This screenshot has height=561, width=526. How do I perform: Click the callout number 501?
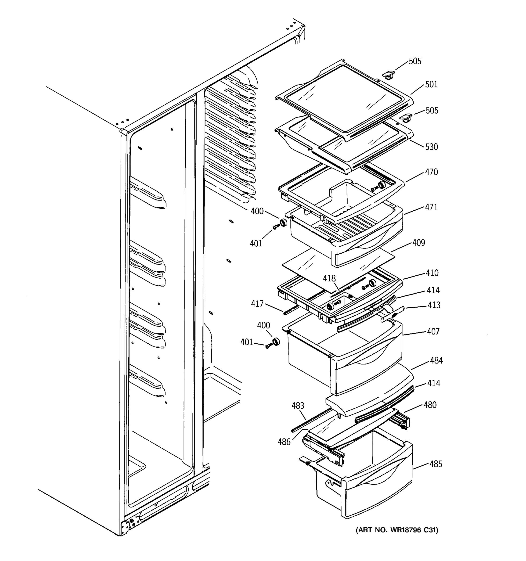point(431,84)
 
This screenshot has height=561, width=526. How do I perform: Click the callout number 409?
point(418,243)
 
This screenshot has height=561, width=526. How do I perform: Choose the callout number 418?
point(329,279)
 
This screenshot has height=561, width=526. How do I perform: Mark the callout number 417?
point(257,304)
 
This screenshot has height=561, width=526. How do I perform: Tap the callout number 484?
point(436,360)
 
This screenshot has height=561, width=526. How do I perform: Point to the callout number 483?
point(298,406)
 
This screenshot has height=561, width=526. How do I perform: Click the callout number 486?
point(284,442)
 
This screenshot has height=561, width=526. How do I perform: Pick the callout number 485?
point(436,464)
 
